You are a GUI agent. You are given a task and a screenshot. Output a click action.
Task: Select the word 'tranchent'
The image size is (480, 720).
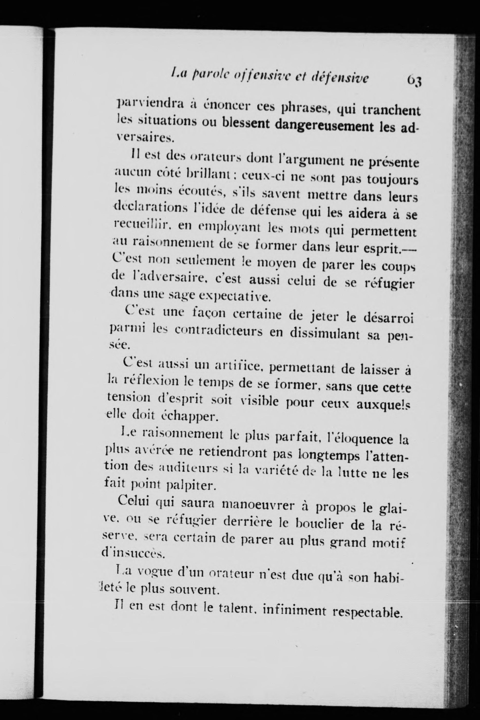point(391,110)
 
